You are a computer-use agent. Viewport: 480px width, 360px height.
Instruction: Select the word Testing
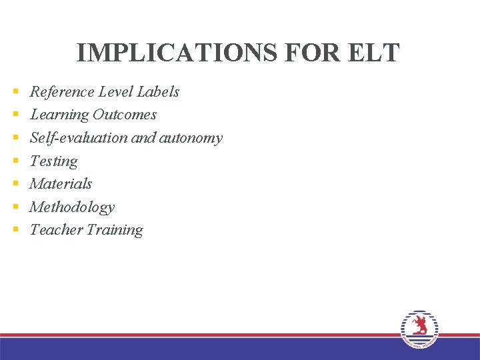[54, 161]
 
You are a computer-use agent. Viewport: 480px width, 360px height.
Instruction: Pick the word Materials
[61, 184]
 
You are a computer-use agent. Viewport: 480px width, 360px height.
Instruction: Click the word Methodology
[72, 207]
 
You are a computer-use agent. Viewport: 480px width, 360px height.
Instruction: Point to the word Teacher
[55, 230]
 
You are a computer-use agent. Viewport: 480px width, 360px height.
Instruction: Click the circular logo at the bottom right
[419, 329]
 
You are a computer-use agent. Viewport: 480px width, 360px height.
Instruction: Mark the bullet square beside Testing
[15, 161]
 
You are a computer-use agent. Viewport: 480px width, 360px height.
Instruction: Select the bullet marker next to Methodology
[15, 207]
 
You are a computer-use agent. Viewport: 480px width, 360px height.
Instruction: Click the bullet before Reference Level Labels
[15, 92]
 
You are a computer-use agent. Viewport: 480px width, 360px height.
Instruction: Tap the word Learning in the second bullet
[59, 115]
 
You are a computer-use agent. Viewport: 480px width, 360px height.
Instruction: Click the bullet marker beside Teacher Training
[15, 231]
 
